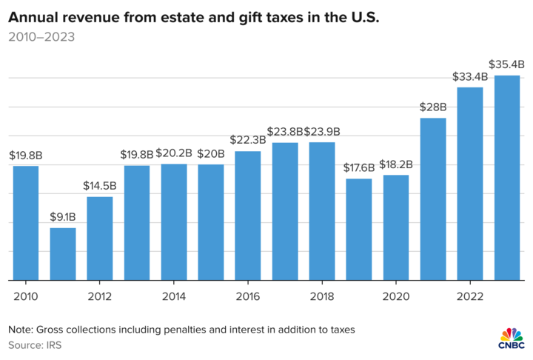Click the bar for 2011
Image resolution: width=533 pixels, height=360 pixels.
point(63,254)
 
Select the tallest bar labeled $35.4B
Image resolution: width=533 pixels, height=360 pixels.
point(507,178)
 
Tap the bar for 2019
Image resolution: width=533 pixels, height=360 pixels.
point(359,230)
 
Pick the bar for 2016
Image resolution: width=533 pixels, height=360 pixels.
point(248,216)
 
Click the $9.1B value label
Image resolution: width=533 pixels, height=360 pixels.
point(63,218)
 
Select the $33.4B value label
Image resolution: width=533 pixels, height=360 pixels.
point(470,77)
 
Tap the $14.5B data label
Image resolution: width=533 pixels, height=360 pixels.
point(100,186)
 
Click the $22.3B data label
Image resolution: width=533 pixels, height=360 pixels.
point(248,141)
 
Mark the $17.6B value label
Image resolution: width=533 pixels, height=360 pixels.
point(359,168)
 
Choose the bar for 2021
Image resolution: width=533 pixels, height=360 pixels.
point(433,199)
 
